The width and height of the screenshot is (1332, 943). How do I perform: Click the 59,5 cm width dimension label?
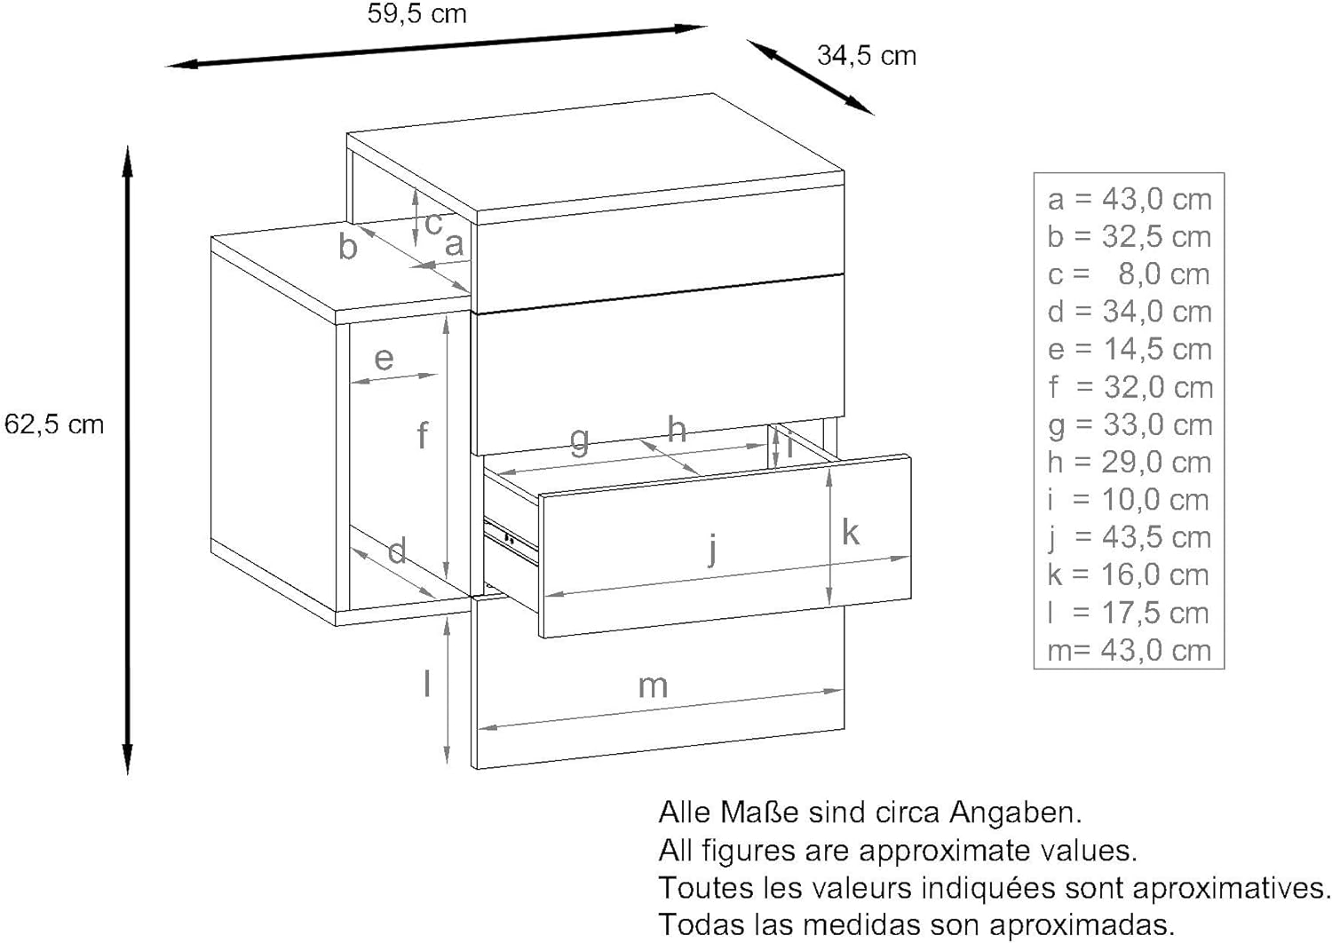click(x=416, y=14)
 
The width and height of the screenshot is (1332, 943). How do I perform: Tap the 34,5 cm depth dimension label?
click(x=867, y=56)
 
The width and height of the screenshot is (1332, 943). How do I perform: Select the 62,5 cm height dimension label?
click(x=54, y=424)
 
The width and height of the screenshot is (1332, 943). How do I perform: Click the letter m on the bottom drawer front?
click(x=653, y=687)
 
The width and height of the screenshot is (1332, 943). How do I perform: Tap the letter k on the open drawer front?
click(x=851, y=532)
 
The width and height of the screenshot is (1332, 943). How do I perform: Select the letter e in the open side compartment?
click(x=385, y=359)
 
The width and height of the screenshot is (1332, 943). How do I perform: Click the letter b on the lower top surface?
click(x=348, y=245)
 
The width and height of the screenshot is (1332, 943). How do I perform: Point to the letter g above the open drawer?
click(x=579, y=441)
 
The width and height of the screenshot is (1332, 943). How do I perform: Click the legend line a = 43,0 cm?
click(x=1130, y=199)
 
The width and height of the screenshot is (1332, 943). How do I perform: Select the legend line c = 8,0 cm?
click(x=1129, y=274)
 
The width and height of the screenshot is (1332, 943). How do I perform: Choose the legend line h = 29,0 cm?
click(x=1130, y=462)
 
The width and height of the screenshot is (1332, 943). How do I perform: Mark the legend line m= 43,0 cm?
click(x=1130, y=650)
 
